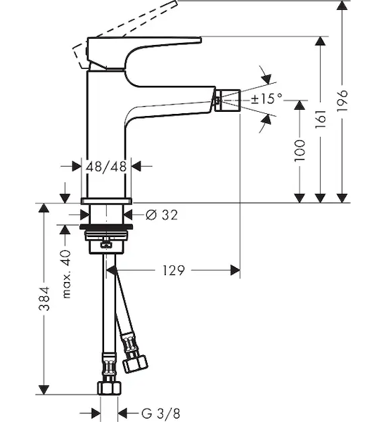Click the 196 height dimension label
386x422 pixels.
point(342,101)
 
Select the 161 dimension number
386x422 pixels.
point(321,119)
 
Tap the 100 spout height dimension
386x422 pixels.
point(300,151)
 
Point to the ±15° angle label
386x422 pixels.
point(266,98)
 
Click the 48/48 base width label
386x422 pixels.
point(106,167)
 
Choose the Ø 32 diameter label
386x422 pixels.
point(162,215)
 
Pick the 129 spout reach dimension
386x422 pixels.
point(174,270)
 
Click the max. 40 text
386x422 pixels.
point(66,274)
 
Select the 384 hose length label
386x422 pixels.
point(44,298)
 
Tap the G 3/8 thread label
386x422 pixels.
point(160,414)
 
